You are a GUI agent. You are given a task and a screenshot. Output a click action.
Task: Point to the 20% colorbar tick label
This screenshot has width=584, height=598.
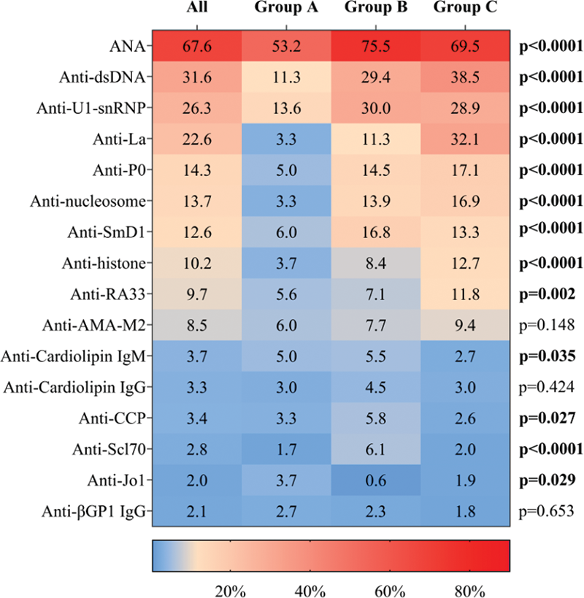pyautogui.click(x=230, y=589)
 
